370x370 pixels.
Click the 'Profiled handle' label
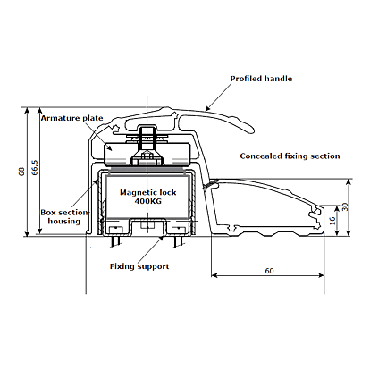[x=261, y=79]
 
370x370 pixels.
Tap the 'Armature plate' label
[x=71, y=118]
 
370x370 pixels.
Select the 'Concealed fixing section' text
[x=290, y=156]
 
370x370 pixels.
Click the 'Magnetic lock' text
[x=148, y=192]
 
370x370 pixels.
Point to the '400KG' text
[x=148, y=201]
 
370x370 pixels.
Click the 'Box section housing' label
[x=64, y=217]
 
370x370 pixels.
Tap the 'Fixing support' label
[x=139, y=266]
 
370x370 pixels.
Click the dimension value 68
[x=21, y=172]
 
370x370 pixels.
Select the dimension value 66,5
[x=35, y=168]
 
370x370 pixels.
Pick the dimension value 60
[x=269, y=271]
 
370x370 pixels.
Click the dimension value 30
[x=345, y=206]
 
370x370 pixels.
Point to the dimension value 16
[x=332, y=221]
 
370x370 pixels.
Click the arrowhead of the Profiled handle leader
[x=207, y=108]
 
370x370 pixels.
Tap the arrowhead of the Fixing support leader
[x=161, y=238]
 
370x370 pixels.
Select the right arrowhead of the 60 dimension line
[x=321, y=275]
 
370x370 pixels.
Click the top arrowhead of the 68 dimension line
[x=27, y=110]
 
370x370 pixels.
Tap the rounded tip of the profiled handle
[x=252, y=130]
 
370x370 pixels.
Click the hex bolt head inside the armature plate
[x=147, y=156]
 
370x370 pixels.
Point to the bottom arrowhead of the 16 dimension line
[x=337, y=233]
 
